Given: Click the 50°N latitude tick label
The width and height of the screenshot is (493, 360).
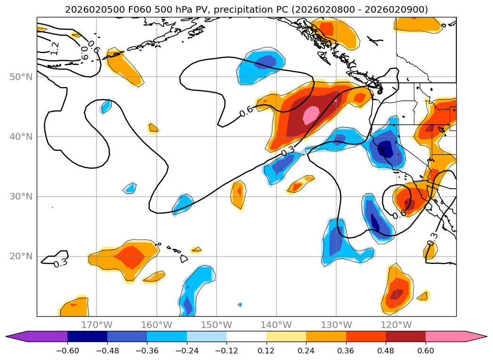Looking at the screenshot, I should [21, 77].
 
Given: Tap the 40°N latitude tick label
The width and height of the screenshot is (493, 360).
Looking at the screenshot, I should [21, 137].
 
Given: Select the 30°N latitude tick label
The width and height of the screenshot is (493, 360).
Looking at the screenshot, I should [21, 197].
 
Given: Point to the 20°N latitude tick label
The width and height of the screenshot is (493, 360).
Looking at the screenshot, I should [21, 256].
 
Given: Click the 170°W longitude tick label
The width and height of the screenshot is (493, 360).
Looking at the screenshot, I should [97, 325].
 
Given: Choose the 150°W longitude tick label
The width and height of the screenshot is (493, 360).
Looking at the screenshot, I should [217, 325].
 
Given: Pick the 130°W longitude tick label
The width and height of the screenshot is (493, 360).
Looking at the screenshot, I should [336, 325].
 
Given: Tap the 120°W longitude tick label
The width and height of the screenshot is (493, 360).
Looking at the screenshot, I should [396, 325].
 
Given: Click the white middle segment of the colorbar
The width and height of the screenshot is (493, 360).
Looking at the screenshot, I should [246, 336].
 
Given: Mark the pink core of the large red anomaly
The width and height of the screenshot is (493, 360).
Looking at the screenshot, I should [311, 115].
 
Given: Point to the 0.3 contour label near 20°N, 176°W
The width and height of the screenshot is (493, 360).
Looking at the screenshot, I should [60, 263].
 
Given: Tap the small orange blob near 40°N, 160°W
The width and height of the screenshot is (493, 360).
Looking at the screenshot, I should [154, 128].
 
